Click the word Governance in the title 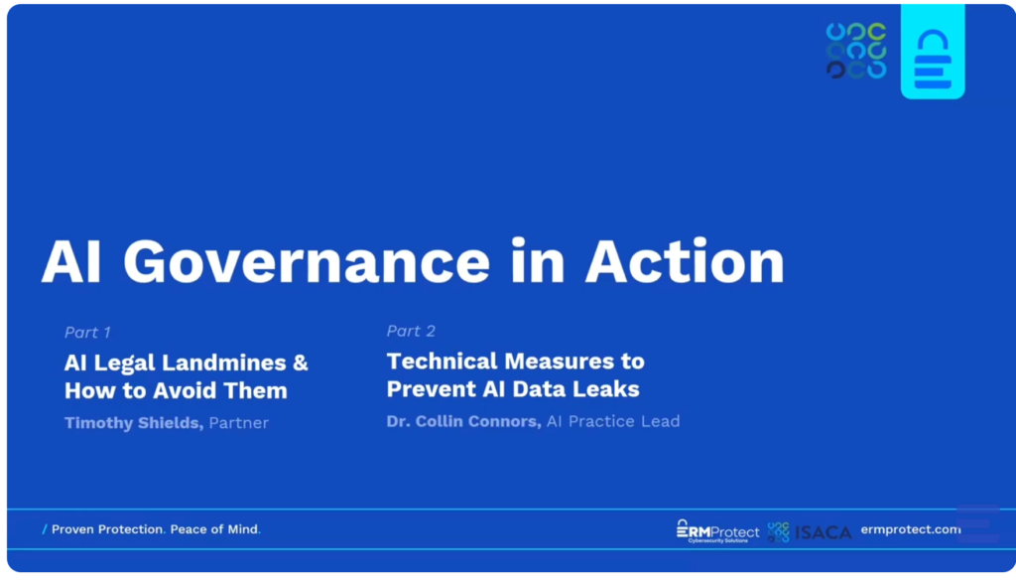(307, 262)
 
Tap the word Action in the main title (685, 261)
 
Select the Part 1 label (87, 332)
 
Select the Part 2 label (411, 331)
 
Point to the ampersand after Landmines (300, 363)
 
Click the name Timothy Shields (134, 423)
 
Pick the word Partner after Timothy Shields (238, 423)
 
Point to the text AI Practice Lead (613, 421)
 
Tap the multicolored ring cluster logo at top (856, 51)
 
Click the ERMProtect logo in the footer (717, 531)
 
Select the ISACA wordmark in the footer (823, 532)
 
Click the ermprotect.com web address (911, 529)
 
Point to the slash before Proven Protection (44, 529)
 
